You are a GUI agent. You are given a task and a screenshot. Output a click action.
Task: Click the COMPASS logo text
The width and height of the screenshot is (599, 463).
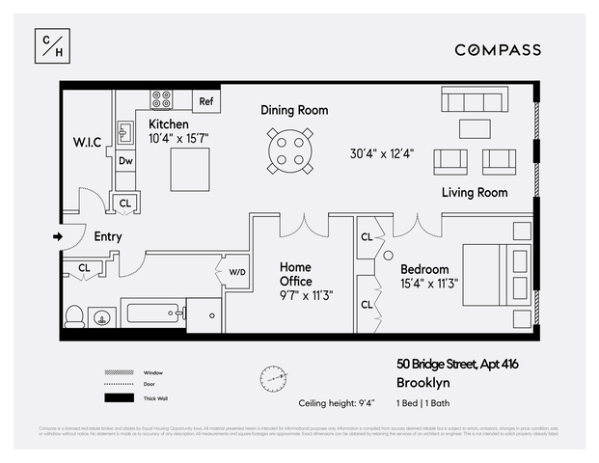[x=498, y=50]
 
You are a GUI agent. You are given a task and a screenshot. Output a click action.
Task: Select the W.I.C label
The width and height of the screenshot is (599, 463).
[x=87, y=142]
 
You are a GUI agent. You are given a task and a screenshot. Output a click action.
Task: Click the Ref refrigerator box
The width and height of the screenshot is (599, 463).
[x=205, y=101]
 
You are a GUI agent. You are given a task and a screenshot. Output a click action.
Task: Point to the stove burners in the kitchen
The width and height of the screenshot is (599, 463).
[x=161, y=99]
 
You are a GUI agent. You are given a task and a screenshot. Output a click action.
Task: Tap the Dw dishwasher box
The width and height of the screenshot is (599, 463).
[x=125, y=162]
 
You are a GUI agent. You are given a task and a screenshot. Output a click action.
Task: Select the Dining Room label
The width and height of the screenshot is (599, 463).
[x=294, y=110]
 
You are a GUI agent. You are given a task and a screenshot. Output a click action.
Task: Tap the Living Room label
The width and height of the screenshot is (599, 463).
[x=475, y=193]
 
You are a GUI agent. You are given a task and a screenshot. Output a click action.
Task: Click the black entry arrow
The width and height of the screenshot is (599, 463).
[x=58, y=235]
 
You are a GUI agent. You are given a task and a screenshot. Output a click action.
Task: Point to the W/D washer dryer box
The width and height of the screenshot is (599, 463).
[x=237, y=271]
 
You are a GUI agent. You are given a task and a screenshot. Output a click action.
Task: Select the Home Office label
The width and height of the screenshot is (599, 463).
[x=296, y=274]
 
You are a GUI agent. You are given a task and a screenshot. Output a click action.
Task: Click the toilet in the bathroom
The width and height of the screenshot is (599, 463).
[x=74, y=315]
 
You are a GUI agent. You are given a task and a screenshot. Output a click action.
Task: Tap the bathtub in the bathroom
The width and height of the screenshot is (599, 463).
[x=151, y=313]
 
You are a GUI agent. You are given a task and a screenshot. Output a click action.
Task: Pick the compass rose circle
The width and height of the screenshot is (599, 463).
[x=273, y=377]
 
